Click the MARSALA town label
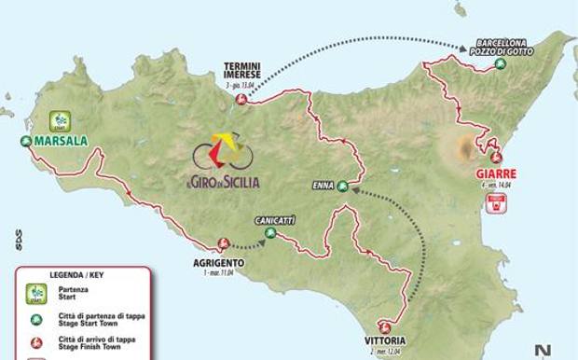[60, 142]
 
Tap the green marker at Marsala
[25, 142]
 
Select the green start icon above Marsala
[61, 121]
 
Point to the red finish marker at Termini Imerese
[241, 99]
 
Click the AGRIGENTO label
[220, 263]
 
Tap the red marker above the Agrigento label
[224, 244]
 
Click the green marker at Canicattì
[270, 234]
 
